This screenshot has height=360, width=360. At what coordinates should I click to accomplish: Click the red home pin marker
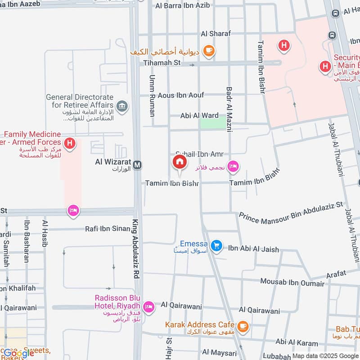[x=179, y=162]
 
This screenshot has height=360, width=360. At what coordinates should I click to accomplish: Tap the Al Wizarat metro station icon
[x=138, y=165]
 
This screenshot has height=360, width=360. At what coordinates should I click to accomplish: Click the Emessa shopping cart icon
[x=217, y=245]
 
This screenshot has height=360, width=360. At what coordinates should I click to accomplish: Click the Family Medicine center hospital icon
[x=69, y=144]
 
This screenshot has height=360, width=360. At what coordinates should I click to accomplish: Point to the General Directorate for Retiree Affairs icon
[x=121, y=106]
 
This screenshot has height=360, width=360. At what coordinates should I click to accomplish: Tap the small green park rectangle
[x=213, y=123]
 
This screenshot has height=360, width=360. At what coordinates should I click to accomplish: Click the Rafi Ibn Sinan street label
[x=108, y=229]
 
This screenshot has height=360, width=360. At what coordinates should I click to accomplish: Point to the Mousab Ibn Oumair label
[x=292, y=283]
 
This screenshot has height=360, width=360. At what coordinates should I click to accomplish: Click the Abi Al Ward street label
[x=199, y=116]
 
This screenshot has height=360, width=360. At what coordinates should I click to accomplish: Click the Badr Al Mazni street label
[x=229, y=109]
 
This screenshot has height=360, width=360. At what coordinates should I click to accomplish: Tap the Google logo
[x=19, y=353]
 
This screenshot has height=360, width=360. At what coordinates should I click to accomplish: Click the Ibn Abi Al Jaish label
[x=253, y=249]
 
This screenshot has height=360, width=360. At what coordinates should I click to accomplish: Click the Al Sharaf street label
[x=216, y=33]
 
